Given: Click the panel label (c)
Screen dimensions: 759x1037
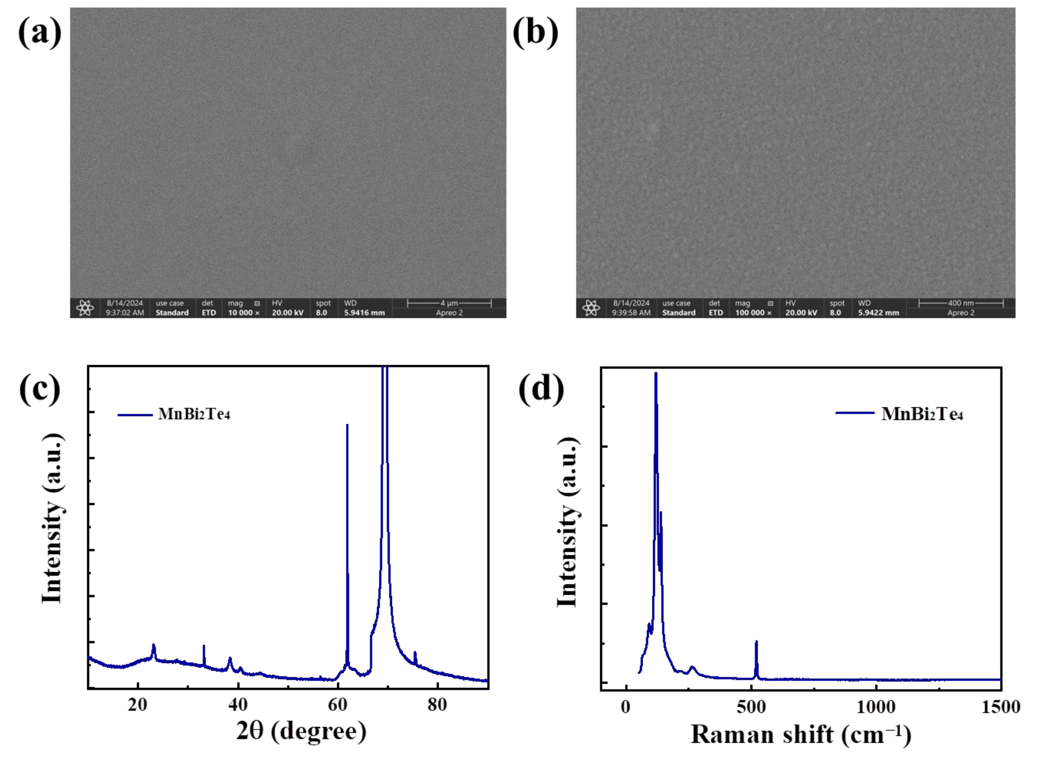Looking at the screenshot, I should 40,390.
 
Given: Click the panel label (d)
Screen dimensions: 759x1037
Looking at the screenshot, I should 541,390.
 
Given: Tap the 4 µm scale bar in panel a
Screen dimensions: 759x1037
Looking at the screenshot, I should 449,303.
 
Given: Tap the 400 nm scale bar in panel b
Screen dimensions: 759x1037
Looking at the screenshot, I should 961,303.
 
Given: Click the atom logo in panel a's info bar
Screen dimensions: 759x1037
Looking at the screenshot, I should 85,308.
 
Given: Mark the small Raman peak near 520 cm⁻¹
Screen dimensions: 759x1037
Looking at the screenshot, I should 756,642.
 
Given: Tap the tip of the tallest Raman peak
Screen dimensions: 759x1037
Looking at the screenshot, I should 656,373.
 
